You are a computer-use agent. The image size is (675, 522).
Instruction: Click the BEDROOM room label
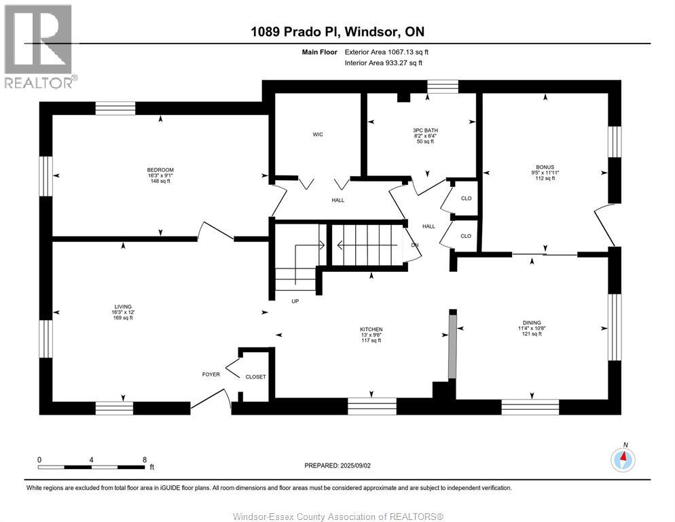click(160, 170)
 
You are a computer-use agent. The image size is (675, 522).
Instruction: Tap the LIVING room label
click(123, 307)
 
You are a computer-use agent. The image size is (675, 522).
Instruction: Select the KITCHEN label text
click(371, 330)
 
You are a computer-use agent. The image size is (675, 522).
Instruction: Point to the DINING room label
click(532, 322)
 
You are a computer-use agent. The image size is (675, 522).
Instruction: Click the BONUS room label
click(545, 167)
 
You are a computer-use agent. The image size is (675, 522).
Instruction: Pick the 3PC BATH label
click(425, 130)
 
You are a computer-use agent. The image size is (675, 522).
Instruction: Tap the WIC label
click(318, 135)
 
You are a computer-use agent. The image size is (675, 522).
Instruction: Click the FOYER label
click(211, 374)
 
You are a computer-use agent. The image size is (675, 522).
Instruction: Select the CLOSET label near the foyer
click(256, 377)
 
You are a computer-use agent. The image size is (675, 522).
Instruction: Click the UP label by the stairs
click(295, 301)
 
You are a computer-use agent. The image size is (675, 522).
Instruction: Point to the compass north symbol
click(623, 459)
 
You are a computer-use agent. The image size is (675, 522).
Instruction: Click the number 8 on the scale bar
click(145, 459)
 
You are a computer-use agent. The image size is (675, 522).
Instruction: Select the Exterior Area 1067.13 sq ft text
click(386, 52)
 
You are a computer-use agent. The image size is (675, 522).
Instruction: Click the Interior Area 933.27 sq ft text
click(384, 63)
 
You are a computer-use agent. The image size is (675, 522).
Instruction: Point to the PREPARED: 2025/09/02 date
click(337, 466)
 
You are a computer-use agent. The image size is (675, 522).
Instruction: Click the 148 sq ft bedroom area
click(160, 181)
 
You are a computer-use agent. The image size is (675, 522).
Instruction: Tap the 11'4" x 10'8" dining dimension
click(532, 328)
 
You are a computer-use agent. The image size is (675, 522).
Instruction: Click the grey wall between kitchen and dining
click(452, 346)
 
